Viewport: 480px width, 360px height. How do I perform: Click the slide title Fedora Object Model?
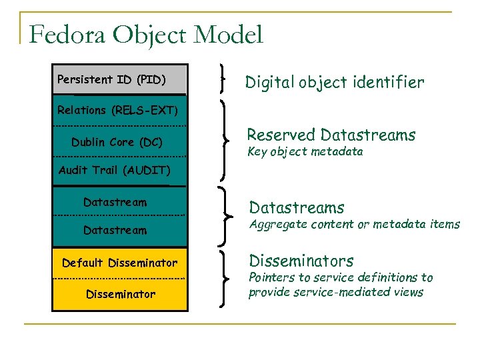[x=147, y=35]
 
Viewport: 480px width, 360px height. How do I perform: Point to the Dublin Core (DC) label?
[x=117, y=142]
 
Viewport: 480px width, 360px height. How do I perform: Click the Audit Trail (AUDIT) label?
[x=115, y=170]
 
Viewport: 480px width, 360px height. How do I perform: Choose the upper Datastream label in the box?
[x=115, y=202]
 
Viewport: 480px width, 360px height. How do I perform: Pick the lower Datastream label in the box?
[x=115, y=230]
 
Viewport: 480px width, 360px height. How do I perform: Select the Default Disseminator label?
[x=120, y=263]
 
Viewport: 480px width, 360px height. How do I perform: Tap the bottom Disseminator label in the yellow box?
[x=121, y=294]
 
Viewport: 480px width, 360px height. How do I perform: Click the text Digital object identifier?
[x=334, y=82]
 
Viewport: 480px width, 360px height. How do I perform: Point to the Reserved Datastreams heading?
[x=331, y=135]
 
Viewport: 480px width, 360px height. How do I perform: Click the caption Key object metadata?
[x=305, y=152]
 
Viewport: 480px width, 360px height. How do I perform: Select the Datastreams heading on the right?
[x=297, y=208]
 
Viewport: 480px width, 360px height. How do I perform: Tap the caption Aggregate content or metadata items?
[x=354, y=225]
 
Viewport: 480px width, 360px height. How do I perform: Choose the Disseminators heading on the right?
[x=301, y=261]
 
